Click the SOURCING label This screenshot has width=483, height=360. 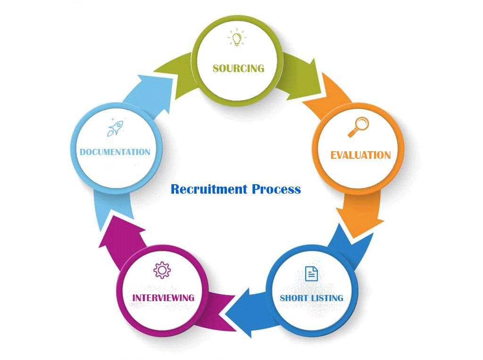238,68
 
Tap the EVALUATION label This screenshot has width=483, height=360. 360,155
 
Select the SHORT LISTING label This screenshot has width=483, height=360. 311,298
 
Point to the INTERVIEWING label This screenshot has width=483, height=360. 163,298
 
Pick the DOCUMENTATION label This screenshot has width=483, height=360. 115,152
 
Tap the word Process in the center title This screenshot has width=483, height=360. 276,189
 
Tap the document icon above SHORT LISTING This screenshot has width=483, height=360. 311,273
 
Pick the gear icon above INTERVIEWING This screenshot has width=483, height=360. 162,270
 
